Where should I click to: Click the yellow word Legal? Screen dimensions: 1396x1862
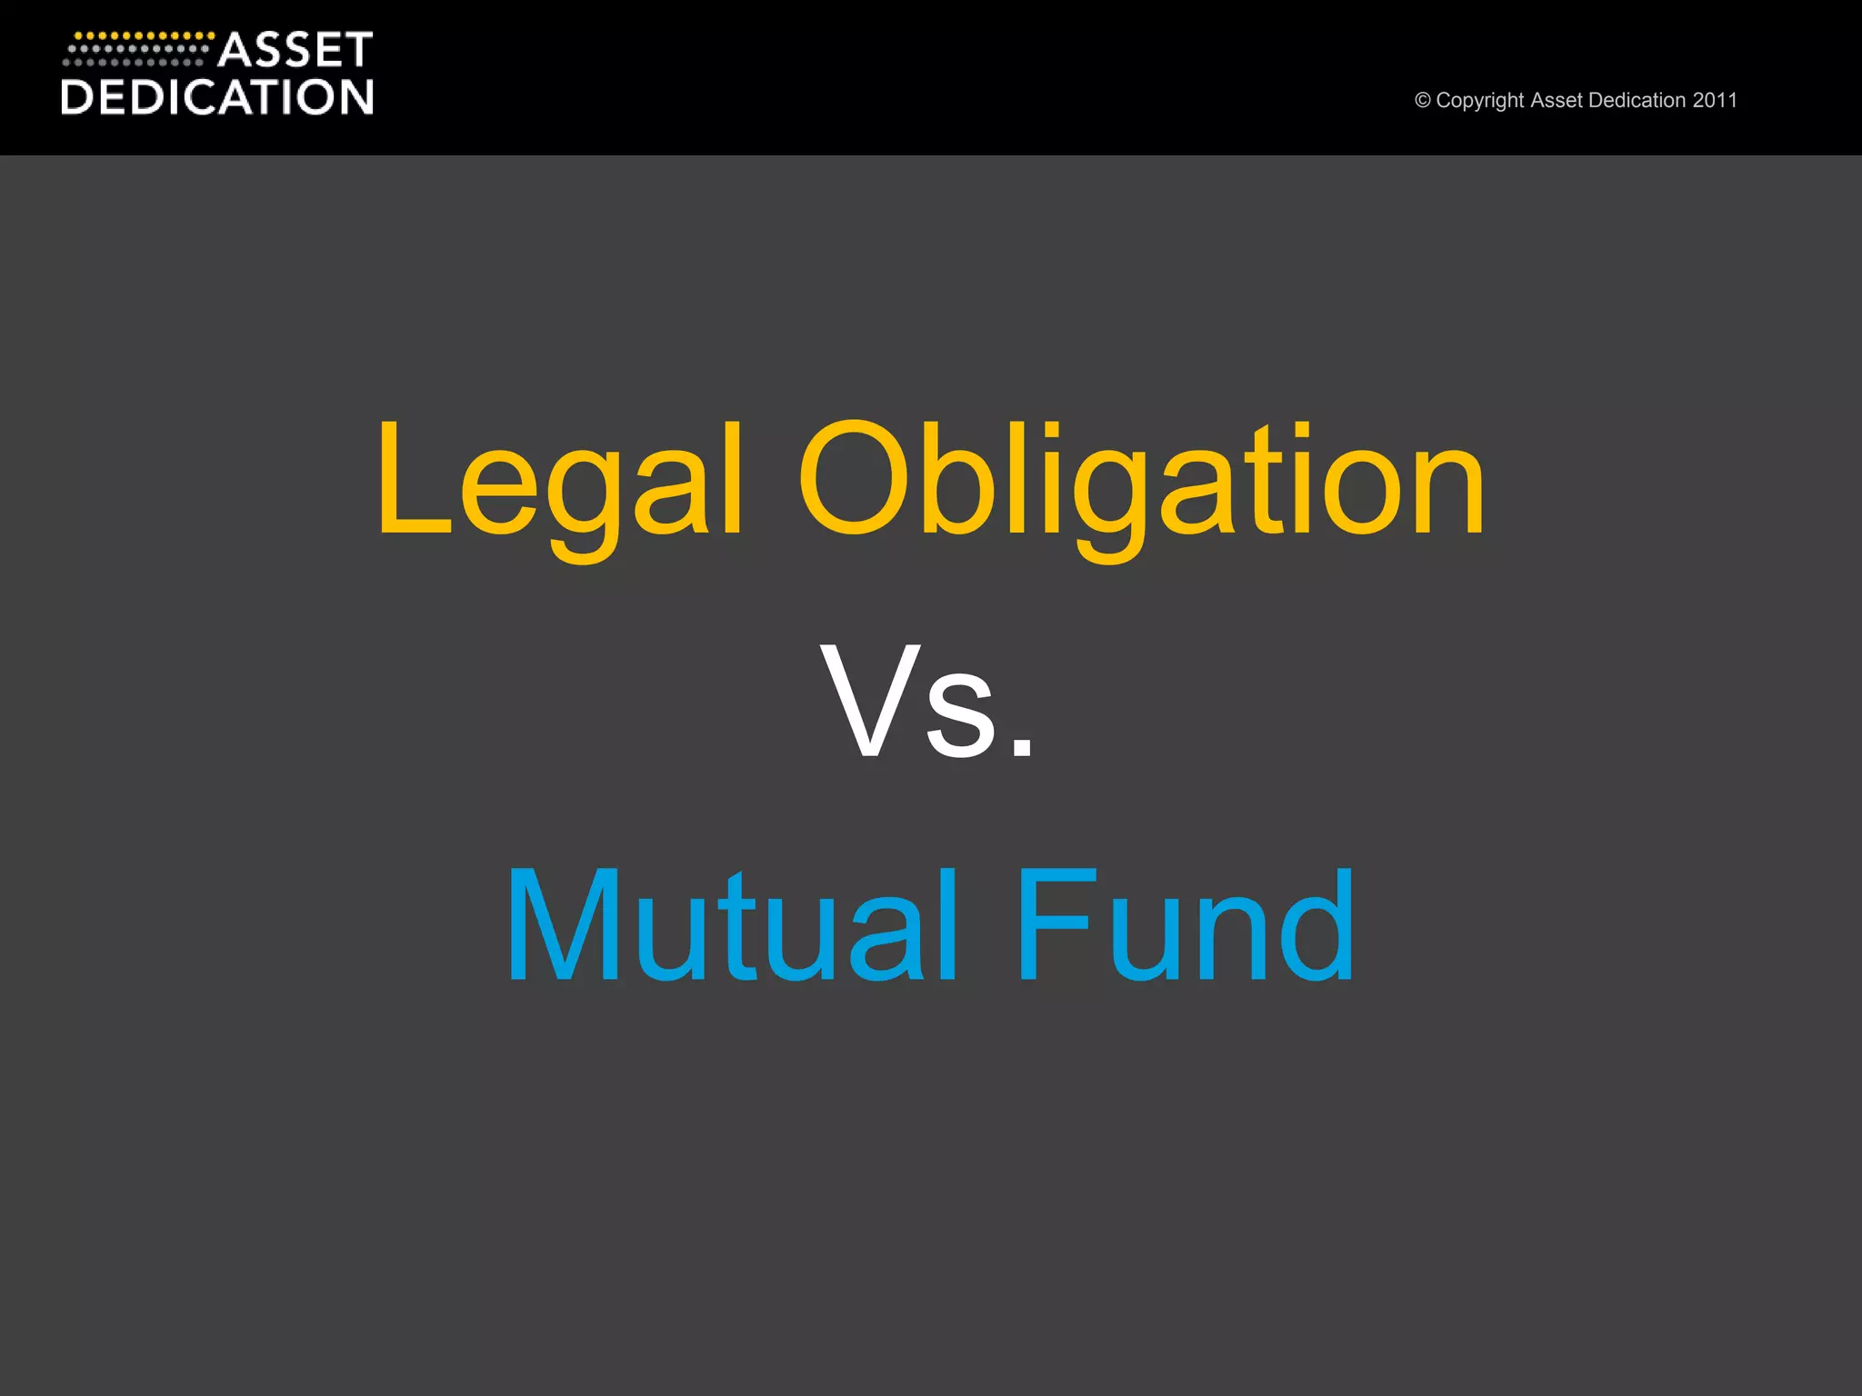[559, 482]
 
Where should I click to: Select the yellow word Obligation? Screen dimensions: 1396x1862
[1141, 482]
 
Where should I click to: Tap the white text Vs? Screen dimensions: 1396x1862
[927, 700]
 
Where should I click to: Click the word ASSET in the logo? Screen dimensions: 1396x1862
[295, 51]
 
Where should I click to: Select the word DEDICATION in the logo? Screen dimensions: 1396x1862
[217, 97]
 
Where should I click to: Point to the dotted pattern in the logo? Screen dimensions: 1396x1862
[136, 49]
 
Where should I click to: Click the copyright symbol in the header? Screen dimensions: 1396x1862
[1422, 101]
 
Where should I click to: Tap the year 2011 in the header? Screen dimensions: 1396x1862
[1715, 100]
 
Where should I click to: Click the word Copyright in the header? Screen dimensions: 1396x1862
[1480, 101]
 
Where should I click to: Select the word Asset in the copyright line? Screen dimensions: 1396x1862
[1557, 100]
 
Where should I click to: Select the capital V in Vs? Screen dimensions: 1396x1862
[868, 700]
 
